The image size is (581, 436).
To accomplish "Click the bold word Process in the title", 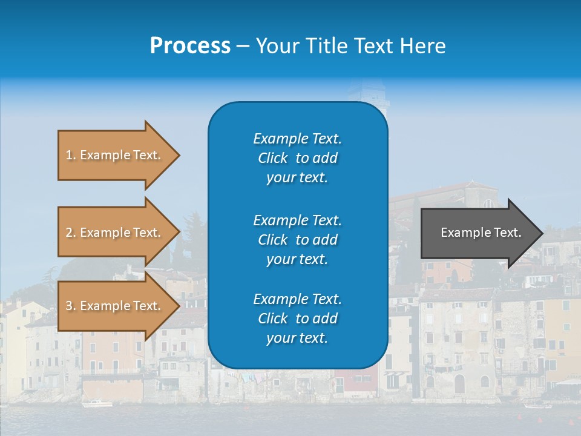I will (x=190, y=46).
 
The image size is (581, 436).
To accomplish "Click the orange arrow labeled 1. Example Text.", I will (x=113, y=155).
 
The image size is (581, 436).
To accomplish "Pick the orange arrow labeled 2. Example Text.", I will (x=113, y=233).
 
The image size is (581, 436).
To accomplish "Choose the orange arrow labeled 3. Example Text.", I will (x=113, y=306).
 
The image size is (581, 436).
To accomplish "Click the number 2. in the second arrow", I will (x=71, y=233).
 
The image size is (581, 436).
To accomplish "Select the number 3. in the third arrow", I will (x=71, y=306).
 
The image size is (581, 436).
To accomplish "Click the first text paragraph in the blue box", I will (x=297, y=158).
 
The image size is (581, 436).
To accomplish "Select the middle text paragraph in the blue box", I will (x=297, y=239).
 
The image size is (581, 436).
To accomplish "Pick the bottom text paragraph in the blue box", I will (x=297, y=319).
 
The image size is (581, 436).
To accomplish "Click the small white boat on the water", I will (x=97, y=403).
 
